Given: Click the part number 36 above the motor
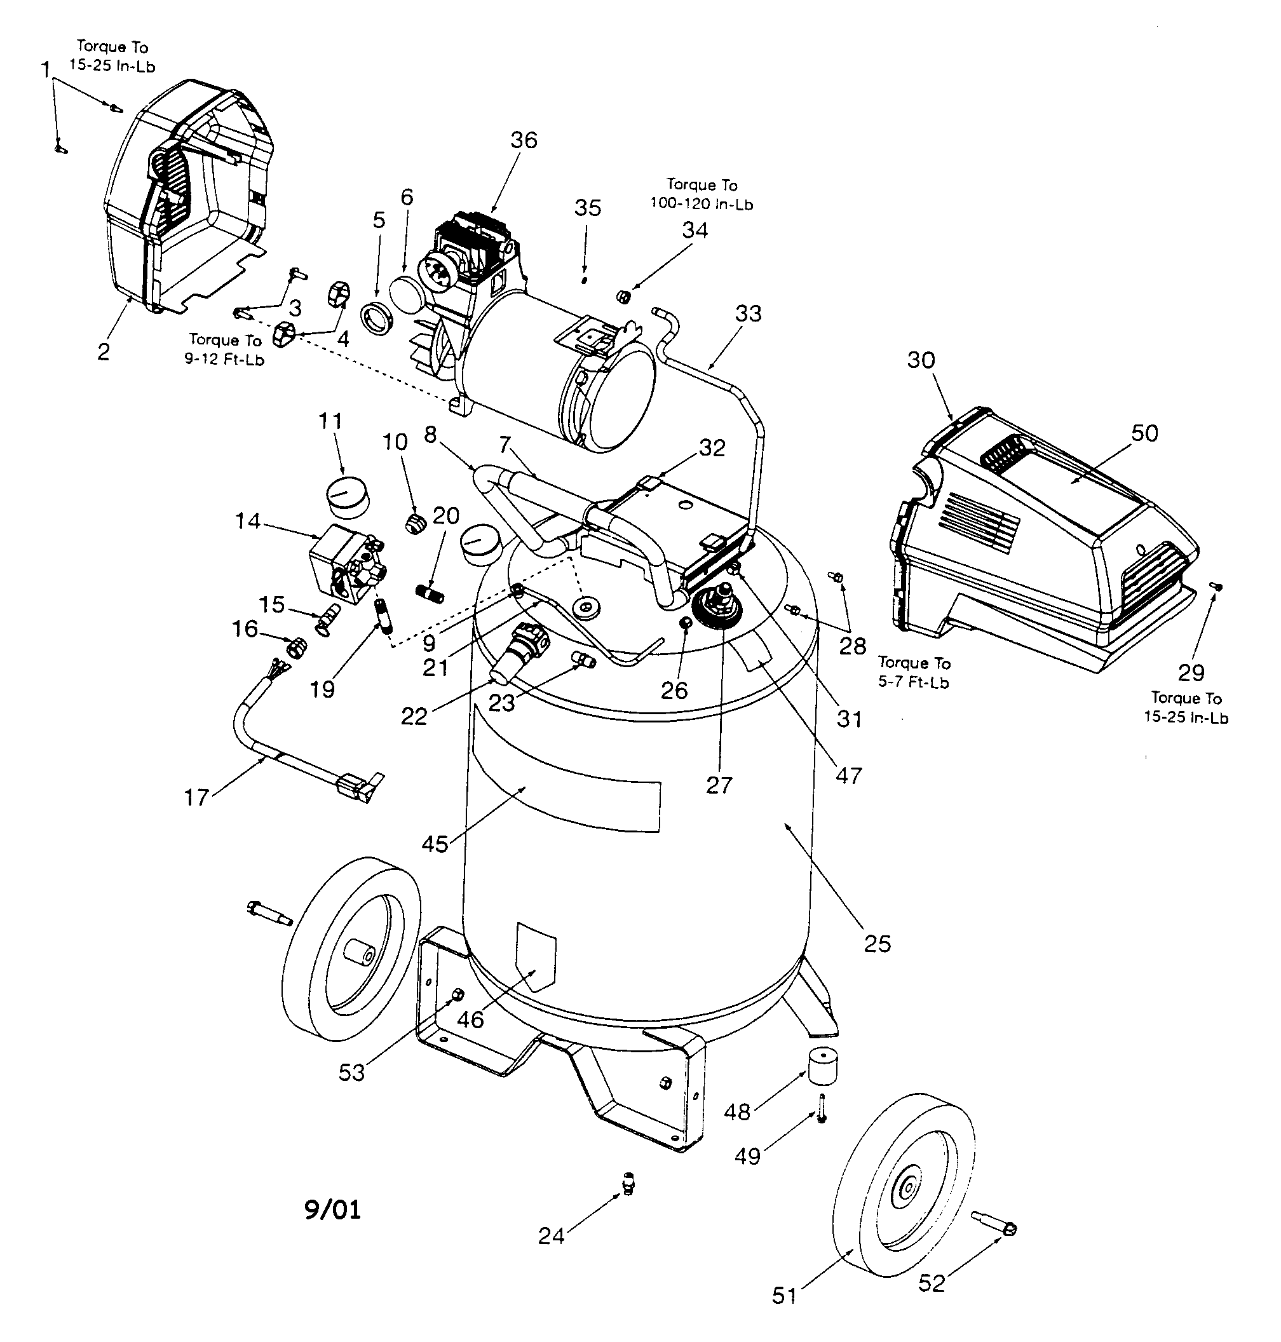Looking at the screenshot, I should (x=524, y=140).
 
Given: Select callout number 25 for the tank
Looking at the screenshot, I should (x=878, y=944).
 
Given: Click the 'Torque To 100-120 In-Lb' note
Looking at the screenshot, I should (x=701, y=194).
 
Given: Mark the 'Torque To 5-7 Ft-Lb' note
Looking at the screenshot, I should (x=914, y=672).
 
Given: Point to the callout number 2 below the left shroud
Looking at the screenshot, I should (x=103, y=352).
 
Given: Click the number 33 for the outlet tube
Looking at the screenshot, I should (x=749, y=313).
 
